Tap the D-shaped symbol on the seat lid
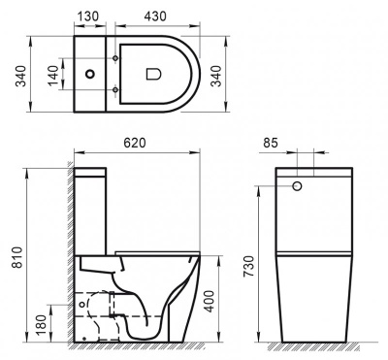[153, 74]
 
